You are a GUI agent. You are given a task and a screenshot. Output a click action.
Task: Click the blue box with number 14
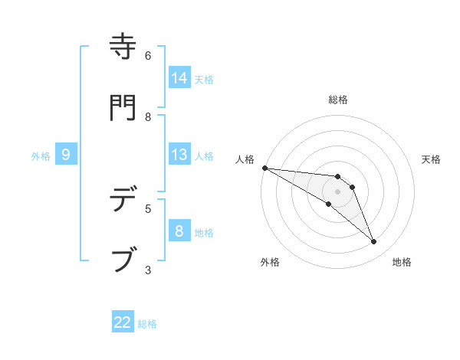coord(179,78)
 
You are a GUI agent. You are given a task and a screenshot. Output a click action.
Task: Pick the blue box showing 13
coord(179,155)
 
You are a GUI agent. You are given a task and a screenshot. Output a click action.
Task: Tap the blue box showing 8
coord(179,231)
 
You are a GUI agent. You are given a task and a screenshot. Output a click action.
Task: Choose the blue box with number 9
coord(66,155)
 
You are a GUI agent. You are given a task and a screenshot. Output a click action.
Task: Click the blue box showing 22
coord(123,322)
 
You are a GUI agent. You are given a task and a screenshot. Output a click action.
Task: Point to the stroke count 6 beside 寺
coord(148,56)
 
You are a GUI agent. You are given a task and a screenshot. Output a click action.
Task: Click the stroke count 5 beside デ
coord(148,208)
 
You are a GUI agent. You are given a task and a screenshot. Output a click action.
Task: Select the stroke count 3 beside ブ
coord(148,270)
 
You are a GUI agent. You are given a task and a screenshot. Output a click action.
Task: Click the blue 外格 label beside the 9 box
coord(41,155)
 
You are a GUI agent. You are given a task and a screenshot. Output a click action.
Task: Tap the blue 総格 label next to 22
coord(147,323)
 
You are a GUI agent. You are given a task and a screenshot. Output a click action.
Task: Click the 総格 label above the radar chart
coord(338,100)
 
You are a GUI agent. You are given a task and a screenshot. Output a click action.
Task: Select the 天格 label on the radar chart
coord(432,159)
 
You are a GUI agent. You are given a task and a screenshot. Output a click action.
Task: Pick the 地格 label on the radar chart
coord(402,262)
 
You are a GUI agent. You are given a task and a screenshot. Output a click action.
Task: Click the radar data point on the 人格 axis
coord(264,168)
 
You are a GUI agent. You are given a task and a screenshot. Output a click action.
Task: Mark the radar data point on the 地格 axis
coord(374,242)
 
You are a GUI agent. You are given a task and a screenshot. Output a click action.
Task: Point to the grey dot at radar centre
coord(337,191)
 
